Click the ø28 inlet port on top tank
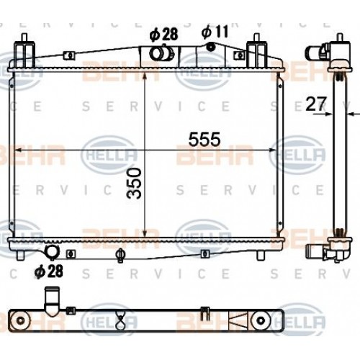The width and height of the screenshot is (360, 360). pyautogui.click(x=160, y=54)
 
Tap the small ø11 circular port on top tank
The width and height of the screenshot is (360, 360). pyautogui.click(x=211, y=48)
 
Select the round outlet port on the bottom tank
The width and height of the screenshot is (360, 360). pyautogui.click(x=52, y=252)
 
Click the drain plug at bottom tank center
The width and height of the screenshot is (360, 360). pyautogui.click(x=121, y=253)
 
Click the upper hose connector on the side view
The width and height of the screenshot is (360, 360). pyautogui.click(x=317, y=53)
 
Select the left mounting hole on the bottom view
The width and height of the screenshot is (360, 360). pyautogui.click(x=19, y=320)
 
